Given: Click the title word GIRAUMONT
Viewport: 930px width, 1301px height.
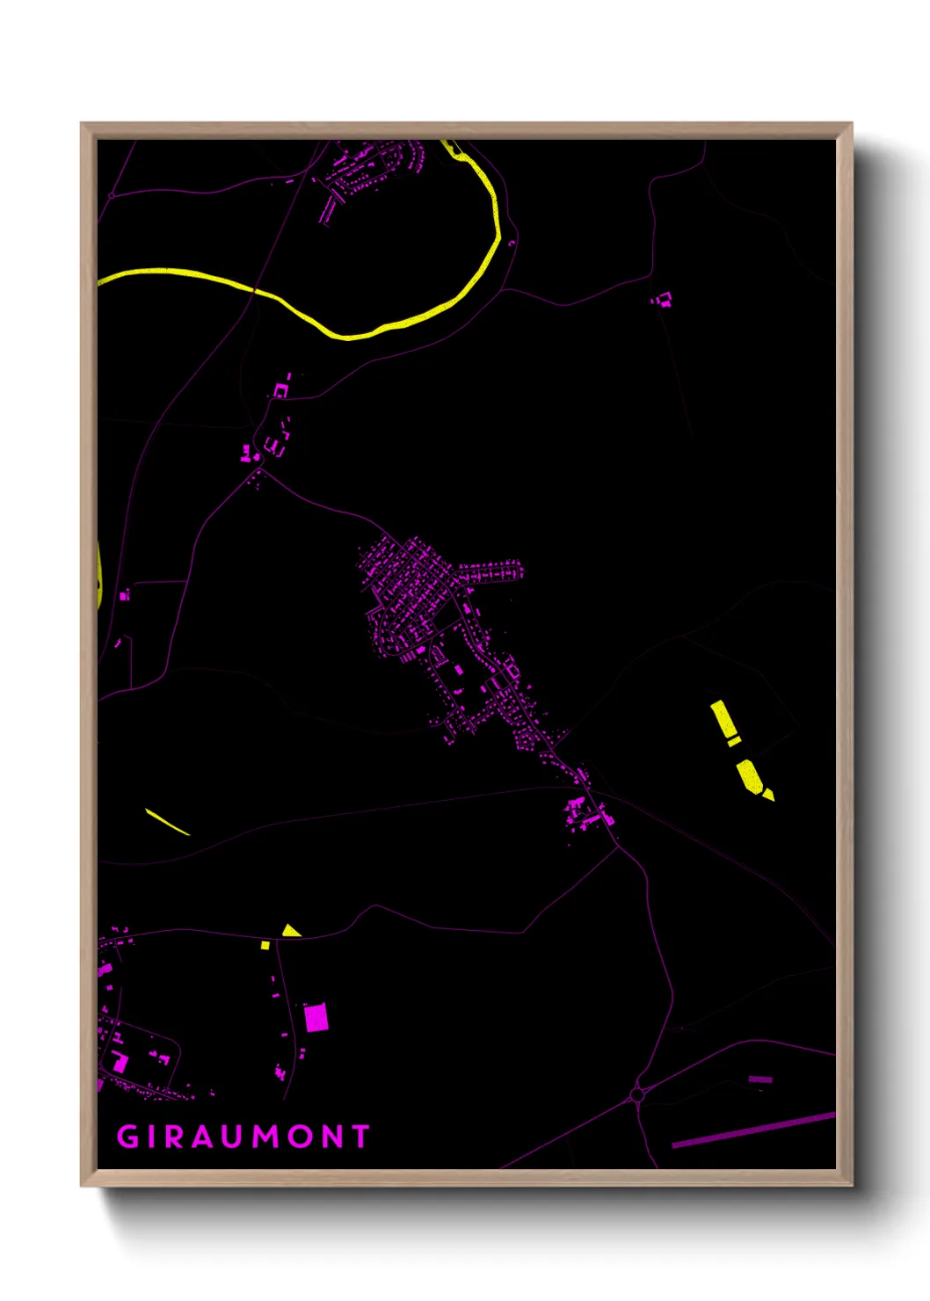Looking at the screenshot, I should pyautogui.click(x=243, y=1137).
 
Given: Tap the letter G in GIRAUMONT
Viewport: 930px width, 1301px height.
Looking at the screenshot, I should pyautogui.click(x=127, y=1137).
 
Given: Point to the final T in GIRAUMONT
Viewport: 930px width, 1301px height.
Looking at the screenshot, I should pyautogui.click(x=360, y=1137).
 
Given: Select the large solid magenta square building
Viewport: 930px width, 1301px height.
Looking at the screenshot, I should pyautogui.click(x=316, y=1018).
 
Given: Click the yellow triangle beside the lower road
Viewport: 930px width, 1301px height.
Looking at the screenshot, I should pyautogui.click(x=291, y=931).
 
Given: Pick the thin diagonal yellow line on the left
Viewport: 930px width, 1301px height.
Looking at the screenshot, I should pyautogui.click(x=167, y=822).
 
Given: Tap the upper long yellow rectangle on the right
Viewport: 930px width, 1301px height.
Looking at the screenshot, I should pyautogui.click(x=724, y=719).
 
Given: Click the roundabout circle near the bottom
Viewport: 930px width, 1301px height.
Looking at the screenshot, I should pyautogui.click(x=637, y=1095).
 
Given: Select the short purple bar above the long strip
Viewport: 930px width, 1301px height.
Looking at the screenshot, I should pyautogui.click(x=760, y=1079).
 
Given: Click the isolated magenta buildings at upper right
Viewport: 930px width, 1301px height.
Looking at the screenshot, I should pyautogui.click(x=662, y=300).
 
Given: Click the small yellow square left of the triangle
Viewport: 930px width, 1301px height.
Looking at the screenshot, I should pyautogui.click(x=265, y=946).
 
